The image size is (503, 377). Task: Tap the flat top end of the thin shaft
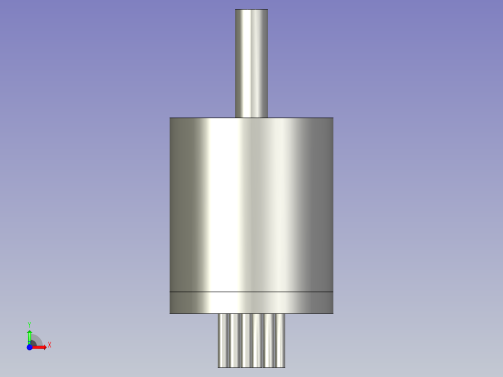click(251, 10)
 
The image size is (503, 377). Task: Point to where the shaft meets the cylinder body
click(251, 117)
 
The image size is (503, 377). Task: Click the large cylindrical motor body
click(251, 203)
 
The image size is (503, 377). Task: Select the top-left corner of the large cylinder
click(171, 118)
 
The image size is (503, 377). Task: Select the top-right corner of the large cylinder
click(332, 118)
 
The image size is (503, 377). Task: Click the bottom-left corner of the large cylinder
click(171, 313)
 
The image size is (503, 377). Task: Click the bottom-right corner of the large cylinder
click(332, 313)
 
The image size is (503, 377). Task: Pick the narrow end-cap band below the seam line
click(251, 303)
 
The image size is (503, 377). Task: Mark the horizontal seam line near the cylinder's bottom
click(251, 291)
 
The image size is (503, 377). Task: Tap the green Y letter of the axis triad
click(30, 326)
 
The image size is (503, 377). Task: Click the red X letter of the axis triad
click(49, 344)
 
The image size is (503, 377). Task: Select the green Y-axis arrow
click(30, 335)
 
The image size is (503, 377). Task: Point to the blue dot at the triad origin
click(29, 346)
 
